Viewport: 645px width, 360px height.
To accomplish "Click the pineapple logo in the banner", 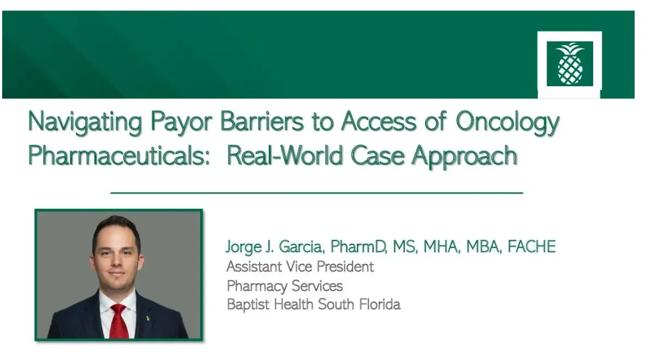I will pos(569,63).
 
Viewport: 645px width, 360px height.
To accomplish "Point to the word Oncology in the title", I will pos(507,121).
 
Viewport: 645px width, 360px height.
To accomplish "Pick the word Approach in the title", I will pos(464,155).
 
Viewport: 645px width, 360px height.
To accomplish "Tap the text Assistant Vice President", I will pos(300,267).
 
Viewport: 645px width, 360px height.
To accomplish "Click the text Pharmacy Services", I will pos(284,285).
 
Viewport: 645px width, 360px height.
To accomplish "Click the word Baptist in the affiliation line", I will pos(246,304).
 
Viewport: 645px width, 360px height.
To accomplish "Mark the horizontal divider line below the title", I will pos(316,193).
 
